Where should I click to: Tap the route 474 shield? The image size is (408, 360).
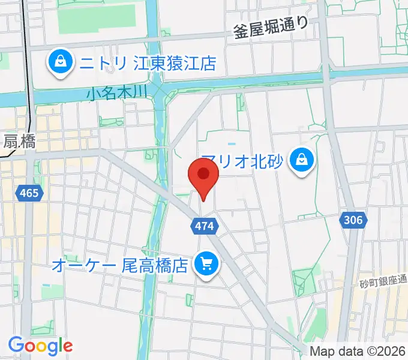201,226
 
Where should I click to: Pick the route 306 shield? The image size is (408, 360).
353,220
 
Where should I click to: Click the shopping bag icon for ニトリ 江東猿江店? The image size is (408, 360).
61,61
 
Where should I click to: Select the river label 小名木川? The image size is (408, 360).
116,92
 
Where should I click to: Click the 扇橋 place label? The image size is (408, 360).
19,142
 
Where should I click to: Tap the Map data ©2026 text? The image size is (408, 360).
356,351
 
